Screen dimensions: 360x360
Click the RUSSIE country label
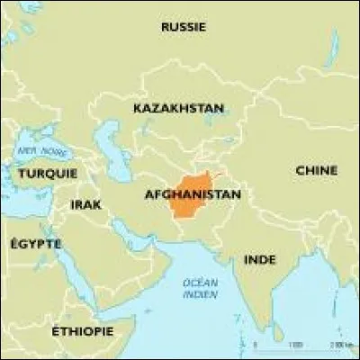184,27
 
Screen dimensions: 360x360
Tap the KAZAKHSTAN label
178,108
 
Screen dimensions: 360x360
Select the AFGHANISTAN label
192,193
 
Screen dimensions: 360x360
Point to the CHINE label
316,170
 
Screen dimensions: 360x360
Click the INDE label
260,259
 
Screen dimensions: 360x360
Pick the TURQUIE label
48,173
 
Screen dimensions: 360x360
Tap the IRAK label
86,205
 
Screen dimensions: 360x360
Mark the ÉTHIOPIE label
83,331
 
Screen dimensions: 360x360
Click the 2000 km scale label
336,345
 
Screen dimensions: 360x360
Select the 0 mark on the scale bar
255,345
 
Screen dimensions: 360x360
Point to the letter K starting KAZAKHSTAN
138,108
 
